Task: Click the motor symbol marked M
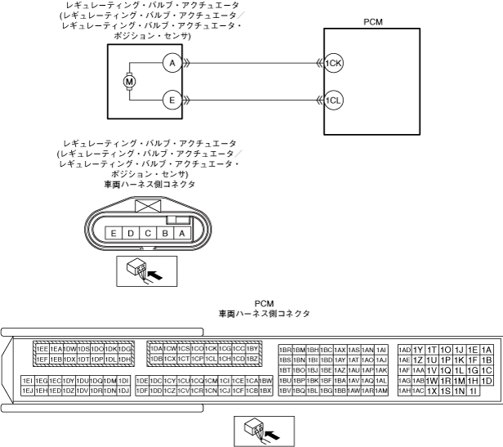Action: click(128, 81)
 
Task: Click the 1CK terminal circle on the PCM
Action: click(333, 62)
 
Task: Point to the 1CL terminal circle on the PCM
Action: click(333, 101)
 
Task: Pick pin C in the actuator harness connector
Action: click(148, 234)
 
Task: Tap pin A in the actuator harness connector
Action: click(183, 234)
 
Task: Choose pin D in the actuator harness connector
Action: click(131, 234)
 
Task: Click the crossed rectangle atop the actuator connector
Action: click(148, 206)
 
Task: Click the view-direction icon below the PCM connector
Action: click(260, 429)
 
